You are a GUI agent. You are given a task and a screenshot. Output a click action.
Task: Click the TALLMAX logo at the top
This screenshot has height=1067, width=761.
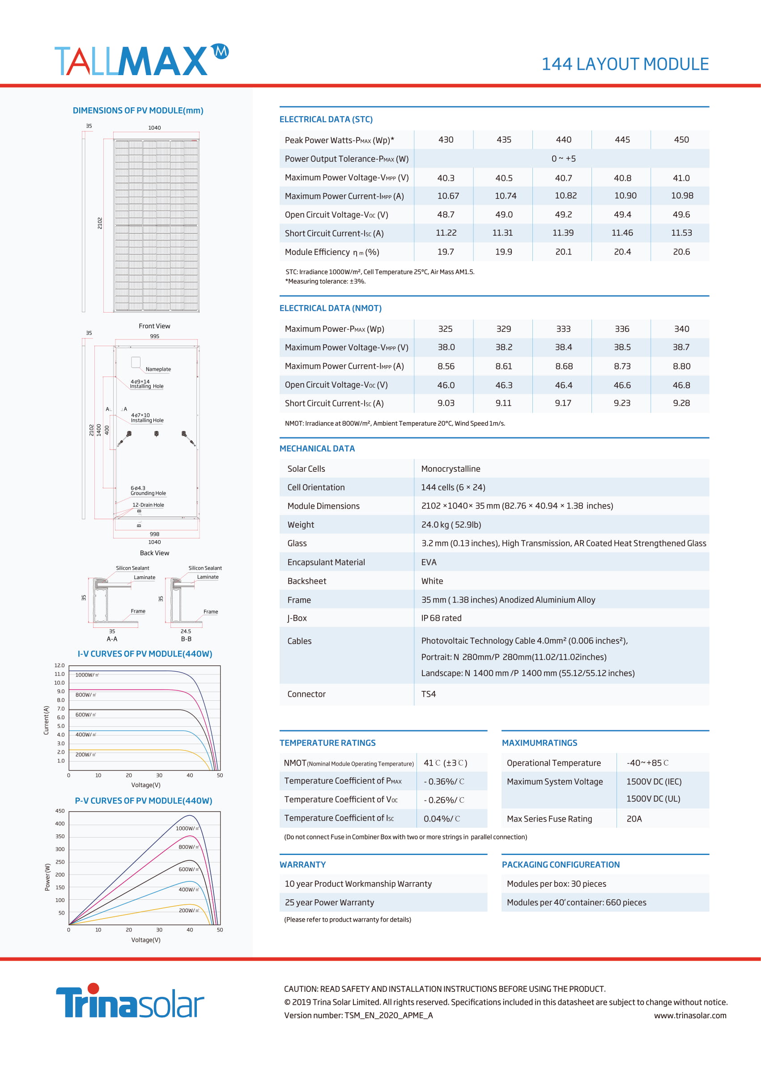coord(141,59)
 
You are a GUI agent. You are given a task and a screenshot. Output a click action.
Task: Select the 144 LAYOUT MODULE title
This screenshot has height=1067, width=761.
coord(625,64)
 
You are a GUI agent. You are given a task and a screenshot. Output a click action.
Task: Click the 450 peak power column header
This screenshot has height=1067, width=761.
coord(681,140)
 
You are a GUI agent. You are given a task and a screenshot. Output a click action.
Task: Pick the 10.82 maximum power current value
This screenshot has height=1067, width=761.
coord(565,196)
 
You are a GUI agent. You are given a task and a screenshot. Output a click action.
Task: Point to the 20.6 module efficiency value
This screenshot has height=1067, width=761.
coord(681,252)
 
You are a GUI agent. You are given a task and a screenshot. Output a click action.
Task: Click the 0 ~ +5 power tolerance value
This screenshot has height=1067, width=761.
coord(563,159)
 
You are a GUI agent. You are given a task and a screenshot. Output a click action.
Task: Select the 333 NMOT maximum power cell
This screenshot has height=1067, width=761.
coord(563,329)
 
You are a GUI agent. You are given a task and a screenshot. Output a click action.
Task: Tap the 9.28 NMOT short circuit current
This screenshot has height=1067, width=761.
coord(681,403)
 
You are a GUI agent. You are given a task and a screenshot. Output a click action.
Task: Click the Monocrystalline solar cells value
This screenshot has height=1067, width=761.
coord(451,469)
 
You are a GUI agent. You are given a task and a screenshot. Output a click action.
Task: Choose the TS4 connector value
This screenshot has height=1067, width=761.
coord(428,694)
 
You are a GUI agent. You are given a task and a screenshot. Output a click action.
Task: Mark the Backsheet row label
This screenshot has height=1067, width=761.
coord(306,581)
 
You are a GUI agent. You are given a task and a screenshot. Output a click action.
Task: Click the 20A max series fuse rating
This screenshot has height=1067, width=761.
coord(634,819)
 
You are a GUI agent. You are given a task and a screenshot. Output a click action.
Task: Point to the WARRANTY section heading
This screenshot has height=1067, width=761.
coord(302,865)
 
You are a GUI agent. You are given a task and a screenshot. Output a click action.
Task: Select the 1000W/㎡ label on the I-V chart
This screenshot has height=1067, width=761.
coord(87,675)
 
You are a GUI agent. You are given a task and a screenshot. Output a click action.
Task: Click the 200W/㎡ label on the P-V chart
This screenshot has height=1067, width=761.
coord(189,910)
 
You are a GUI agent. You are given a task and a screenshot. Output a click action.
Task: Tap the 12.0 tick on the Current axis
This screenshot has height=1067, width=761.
coord(60,665)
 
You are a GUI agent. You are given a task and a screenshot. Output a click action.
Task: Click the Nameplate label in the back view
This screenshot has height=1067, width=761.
coord(158,369)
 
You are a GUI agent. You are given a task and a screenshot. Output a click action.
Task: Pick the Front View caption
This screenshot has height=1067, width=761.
coord(154,326)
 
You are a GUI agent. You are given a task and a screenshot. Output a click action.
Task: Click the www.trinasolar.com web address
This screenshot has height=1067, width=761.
coord(690,1016)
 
